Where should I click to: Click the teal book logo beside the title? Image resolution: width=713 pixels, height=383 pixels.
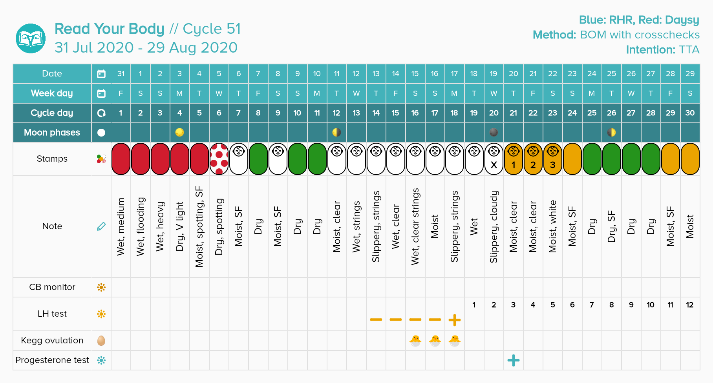tap(31, 38)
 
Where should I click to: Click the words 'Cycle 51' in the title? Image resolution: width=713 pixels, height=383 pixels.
tap(212, 29)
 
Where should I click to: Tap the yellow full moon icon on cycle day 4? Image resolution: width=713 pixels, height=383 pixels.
tap(179, 133)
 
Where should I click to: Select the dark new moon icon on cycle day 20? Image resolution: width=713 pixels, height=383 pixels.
tap(494, 133)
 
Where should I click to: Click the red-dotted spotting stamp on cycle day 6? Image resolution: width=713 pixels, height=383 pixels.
tap(219, 159)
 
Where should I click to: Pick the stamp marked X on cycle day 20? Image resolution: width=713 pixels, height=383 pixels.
tap(494, 159)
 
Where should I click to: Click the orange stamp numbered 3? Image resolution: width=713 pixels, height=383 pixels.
tap(552, 159)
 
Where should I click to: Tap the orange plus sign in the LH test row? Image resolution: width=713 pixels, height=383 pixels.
tap(454, 320)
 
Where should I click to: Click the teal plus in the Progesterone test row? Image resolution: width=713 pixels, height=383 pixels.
tap(513, 360)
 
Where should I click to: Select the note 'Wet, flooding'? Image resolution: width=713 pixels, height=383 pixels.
tap(141, 226)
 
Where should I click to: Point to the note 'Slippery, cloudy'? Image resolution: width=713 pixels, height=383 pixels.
tap(494, 226)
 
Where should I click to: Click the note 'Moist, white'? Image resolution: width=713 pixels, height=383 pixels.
tap(552, 226)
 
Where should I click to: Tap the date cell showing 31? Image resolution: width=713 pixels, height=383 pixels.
tap(121, 74)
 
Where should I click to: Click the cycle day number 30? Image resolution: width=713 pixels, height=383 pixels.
tap(690, 113)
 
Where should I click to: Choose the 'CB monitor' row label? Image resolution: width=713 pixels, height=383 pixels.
tap(52, 287)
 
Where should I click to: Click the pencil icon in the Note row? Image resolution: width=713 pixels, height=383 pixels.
tap(101, 226)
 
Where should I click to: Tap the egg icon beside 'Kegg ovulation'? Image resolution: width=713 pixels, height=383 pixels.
tap(101, 341)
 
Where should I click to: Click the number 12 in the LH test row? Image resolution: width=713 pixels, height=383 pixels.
tap(690, 305)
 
